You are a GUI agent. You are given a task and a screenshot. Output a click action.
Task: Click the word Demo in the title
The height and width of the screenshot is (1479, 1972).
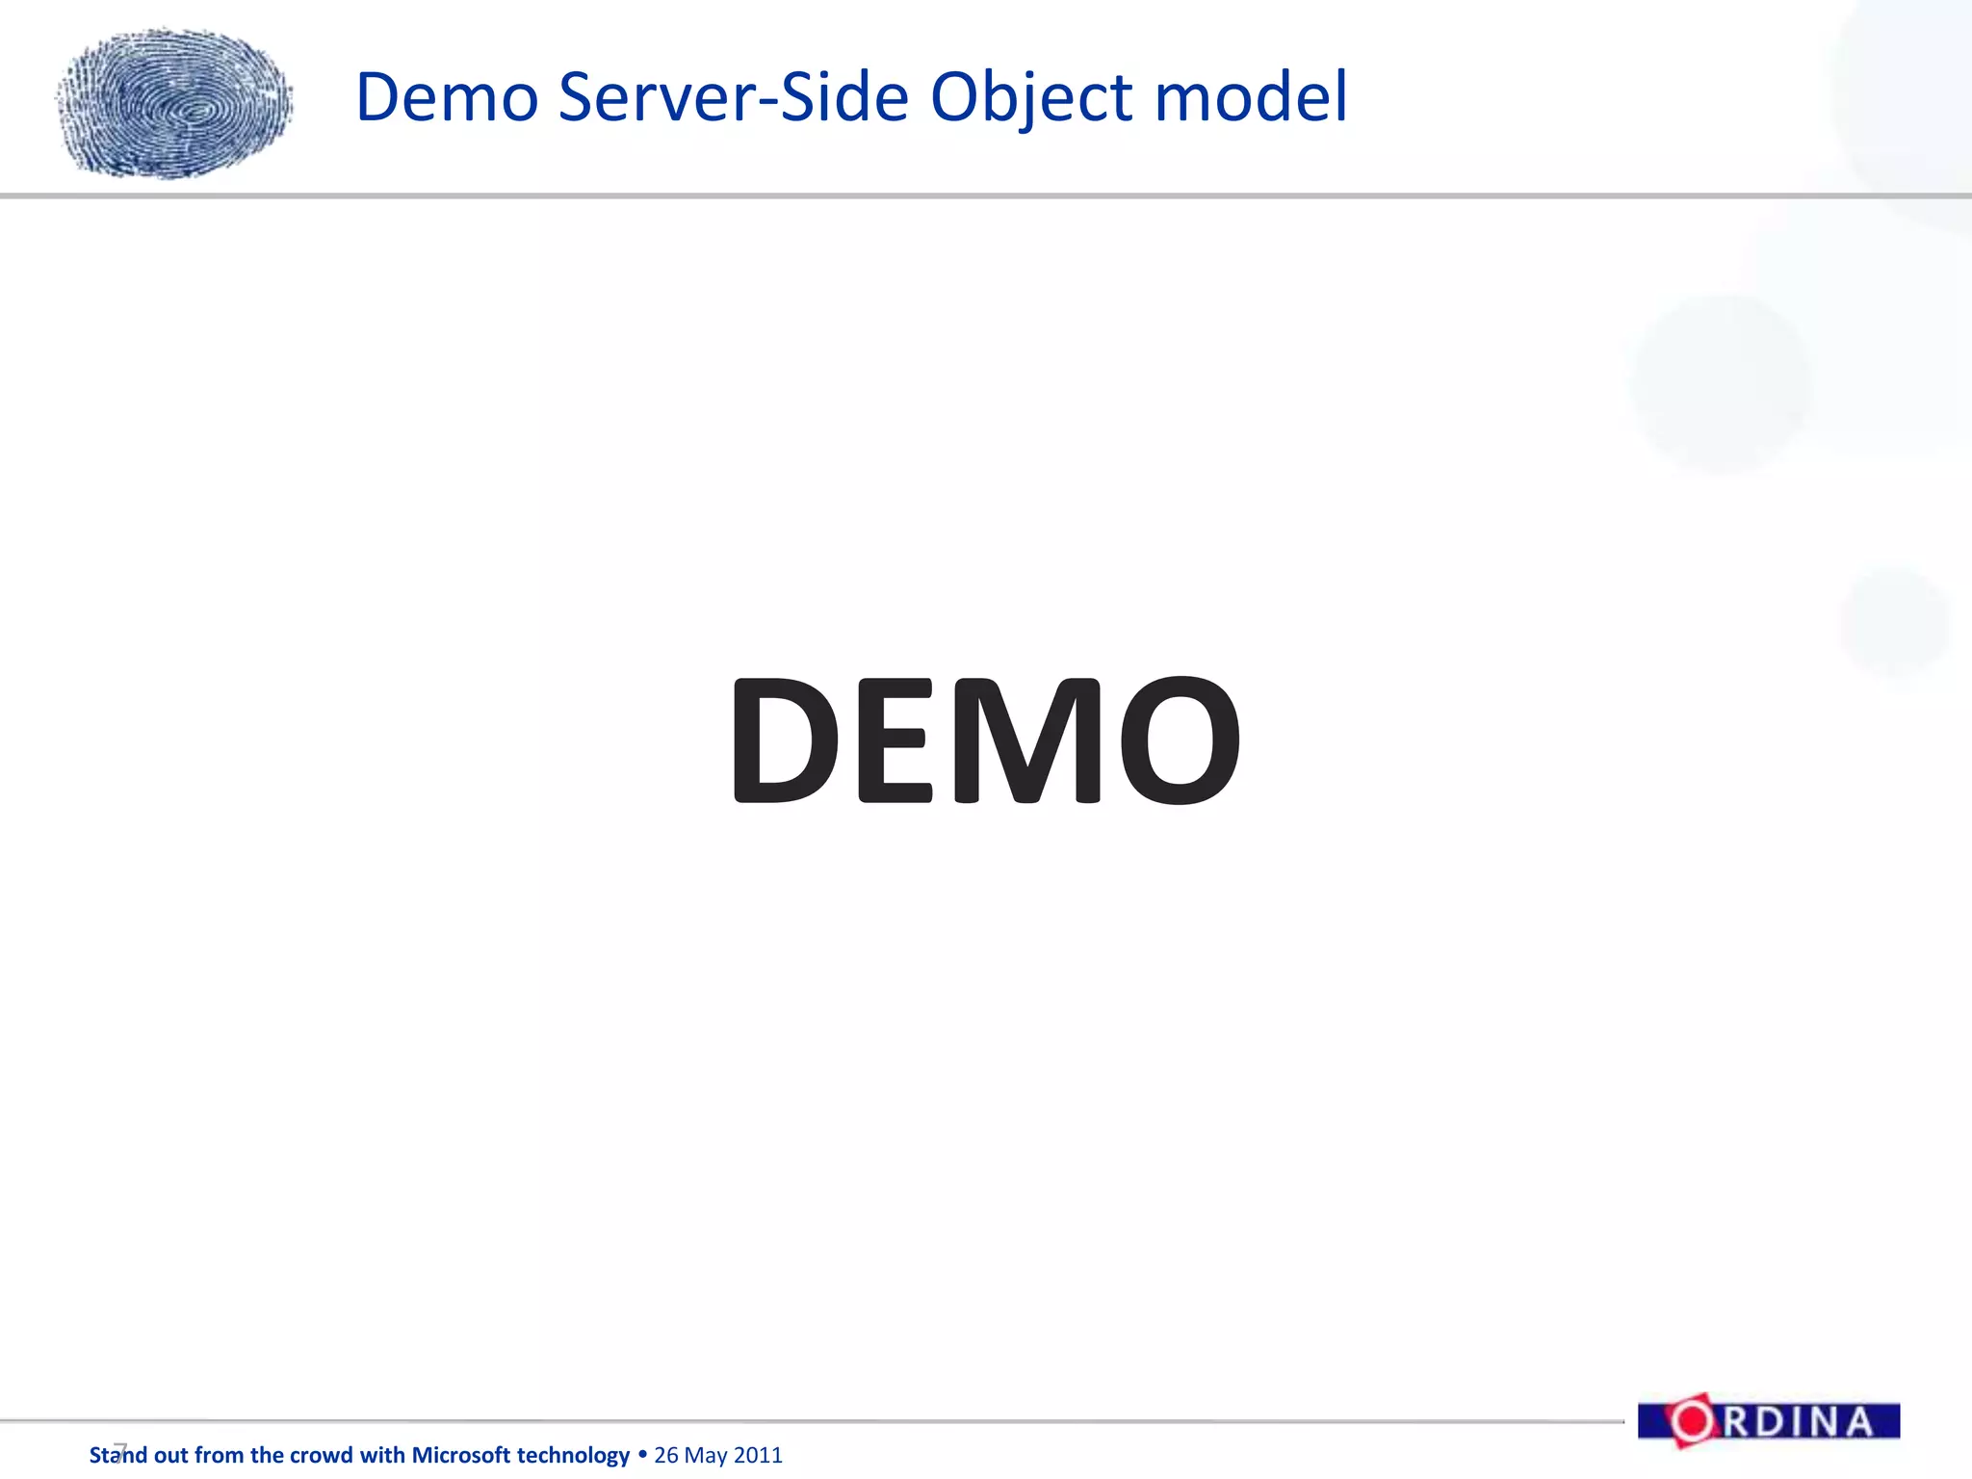click(x=447, y=97)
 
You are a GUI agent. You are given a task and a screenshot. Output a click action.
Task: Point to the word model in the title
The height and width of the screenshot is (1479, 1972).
click(x=1251, y=97)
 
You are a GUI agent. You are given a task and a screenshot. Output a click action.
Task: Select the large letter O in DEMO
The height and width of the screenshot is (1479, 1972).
click(x=1176, y=739)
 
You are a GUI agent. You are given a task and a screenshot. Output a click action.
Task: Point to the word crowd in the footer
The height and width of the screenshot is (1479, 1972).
click(x=320, y=1455)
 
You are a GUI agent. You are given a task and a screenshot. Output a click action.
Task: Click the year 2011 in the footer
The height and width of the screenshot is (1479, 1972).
click(x=758, y=1455)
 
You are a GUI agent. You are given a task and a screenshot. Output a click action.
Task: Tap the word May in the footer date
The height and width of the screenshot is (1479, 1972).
click(x=706, y=1456)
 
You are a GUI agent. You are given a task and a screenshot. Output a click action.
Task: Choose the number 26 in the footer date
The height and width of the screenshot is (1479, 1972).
click(x=666, y=1455)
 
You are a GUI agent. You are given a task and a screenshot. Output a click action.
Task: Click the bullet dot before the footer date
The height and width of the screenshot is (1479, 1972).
click(x=642, y=1454)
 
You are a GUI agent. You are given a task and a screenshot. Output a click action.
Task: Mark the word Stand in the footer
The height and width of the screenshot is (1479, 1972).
click(x=118, y=1455)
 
